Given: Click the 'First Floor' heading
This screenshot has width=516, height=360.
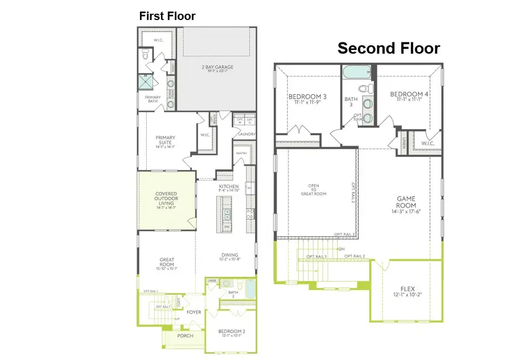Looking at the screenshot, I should (167, 16).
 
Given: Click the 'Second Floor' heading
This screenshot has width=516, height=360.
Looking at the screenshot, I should (388, 49).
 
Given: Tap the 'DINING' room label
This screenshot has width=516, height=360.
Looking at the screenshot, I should (230, 256).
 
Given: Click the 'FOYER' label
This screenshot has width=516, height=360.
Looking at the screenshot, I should (194, 312).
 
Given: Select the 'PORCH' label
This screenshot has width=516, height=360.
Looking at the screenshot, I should (185, 335).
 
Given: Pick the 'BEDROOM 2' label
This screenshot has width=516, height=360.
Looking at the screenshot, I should (232, 331).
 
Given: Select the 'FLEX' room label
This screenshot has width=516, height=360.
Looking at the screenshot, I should (408, 289).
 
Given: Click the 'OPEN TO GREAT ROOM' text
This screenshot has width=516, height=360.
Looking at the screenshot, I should (314, 190).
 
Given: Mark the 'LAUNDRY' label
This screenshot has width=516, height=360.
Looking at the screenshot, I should (247, 134).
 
